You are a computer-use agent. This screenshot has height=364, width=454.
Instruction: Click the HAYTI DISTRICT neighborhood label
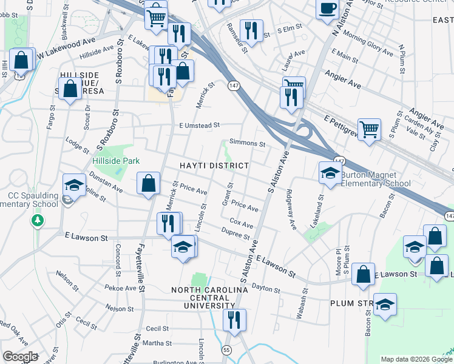pyautogui.click(x=214, y=166)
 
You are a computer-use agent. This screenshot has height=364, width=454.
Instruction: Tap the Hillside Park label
pyautogui.click(x=117, y=161)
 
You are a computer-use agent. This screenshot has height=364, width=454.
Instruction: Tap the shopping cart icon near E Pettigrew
pyautogui.click(x=369, y=129)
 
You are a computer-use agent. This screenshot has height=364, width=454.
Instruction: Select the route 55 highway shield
pyautogui.click(x=226, y=350)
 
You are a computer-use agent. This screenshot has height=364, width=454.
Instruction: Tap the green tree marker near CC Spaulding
pyautogui.click(x=38, y=220)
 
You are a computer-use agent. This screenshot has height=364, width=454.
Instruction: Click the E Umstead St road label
pyautogui.click(x=195, y=125)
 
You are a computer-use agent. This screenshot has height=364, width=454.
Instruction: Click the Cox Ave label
pyautogui.click(x=242, y=224)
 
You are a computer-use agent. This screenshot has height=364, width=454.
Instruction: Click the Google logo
pyautogui.click(x=20, y=357)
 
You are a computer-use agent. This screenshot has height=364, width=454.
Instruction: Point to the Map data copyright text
pyautogui.click(x=416, y=359)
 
